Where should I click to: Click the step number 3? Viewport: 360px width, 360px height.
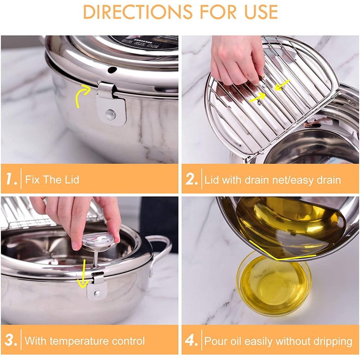click(10, 340)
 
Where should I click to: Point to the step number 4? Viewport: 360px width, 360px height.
click(192, 340)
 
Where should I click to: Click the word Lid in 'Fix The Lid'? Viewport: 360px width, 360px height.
click(71, 180)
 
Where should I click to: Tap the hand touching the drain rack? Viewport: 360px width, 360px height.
click(236, 58)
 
